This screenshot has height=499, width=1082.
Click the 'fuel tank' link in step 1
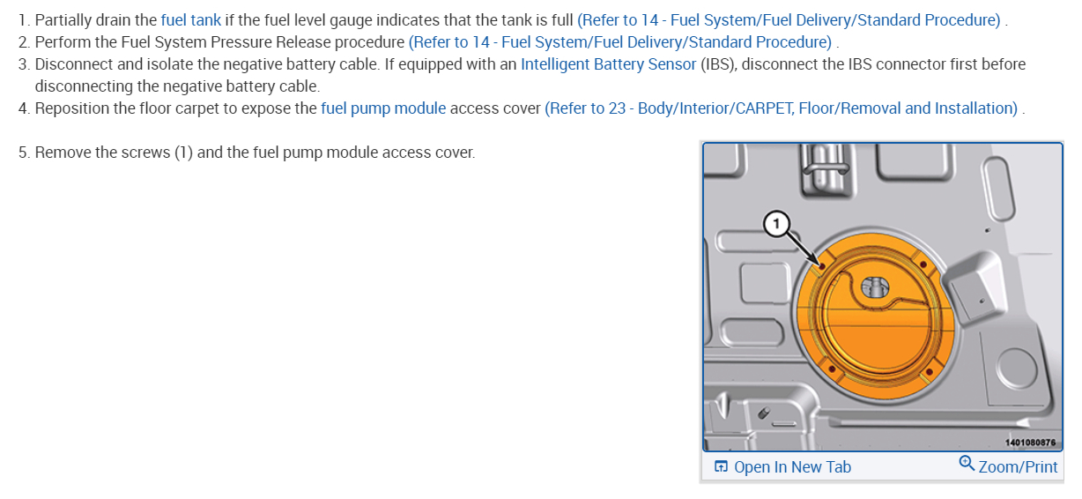(190, 20)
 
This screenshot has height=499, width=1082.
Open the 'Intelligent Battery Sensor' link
(609, 64)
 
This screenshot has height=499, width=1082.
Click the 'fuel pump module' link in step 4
(382, 108)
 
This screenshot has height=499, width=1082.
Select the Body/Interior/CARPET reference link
(781, 108)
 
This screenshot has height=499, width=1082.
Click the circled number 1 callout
(775, 225)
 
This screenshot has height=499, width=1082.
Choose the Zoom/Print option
(1018, 467)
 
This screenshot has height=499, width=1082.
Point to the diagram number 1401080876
(1029, 443)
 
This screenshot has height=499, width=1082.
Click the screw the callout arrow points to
(821, 264)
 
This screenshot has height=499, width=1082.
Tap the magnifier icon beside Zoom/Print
(967, 465)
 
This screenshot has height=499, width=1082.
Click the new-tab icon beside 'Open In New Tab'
(721, 467)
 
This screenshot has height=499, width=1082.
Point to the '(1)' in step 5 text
(182, 153)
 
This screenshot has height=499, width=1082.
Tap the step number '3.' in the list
(24, 64)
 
